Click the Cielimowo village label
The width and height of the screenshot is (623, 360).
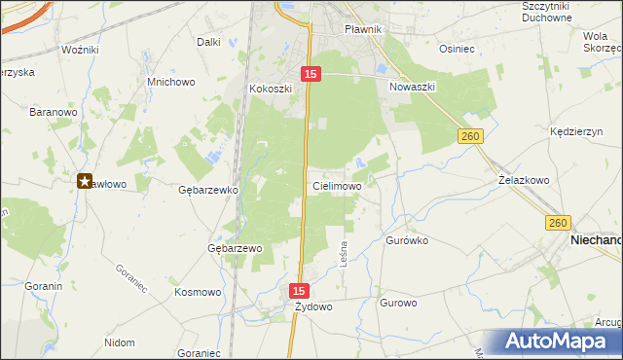click(338, 185)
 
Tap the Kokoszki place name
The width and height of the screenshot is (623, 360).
click(270, 89)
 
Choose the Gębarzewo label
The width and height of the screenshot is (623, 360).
click(236, 248)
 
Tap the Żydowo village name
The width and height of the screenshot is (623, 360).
click(314, 306)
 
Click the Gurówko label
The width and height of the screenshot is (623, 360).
click(408, 239)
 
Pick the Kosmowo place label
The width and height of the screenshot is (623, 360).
click(198, 291)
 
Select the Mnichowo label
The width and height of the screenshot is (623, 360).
click(170, 82)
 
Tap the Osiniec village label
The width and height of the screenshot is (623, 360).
click(457, 48)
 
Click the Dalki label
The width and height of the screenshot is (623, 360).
click(208, 42)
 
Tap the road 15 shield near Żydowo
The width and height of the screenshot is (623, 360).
click(300, 291)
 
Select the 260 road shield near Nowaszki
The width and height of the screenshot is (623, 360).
click(471, 137)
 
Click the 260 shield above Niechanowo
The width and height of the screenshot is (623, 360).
click(557, 223)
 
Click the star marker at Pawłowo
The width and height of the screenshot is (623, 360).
click(85, 180)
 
